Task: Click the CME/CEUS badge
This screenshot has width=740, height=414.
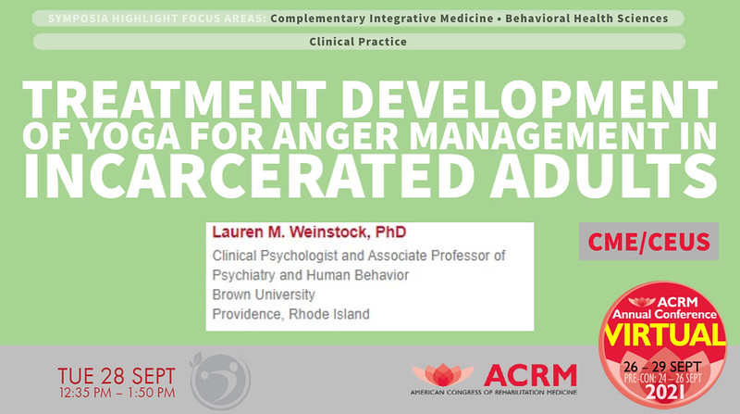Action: pos(661,243)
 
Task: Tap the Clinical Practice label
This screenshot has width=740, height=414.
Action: pos(359,42)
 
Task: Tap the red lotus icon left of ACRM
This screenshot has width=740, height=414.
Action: pos(442,375)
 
